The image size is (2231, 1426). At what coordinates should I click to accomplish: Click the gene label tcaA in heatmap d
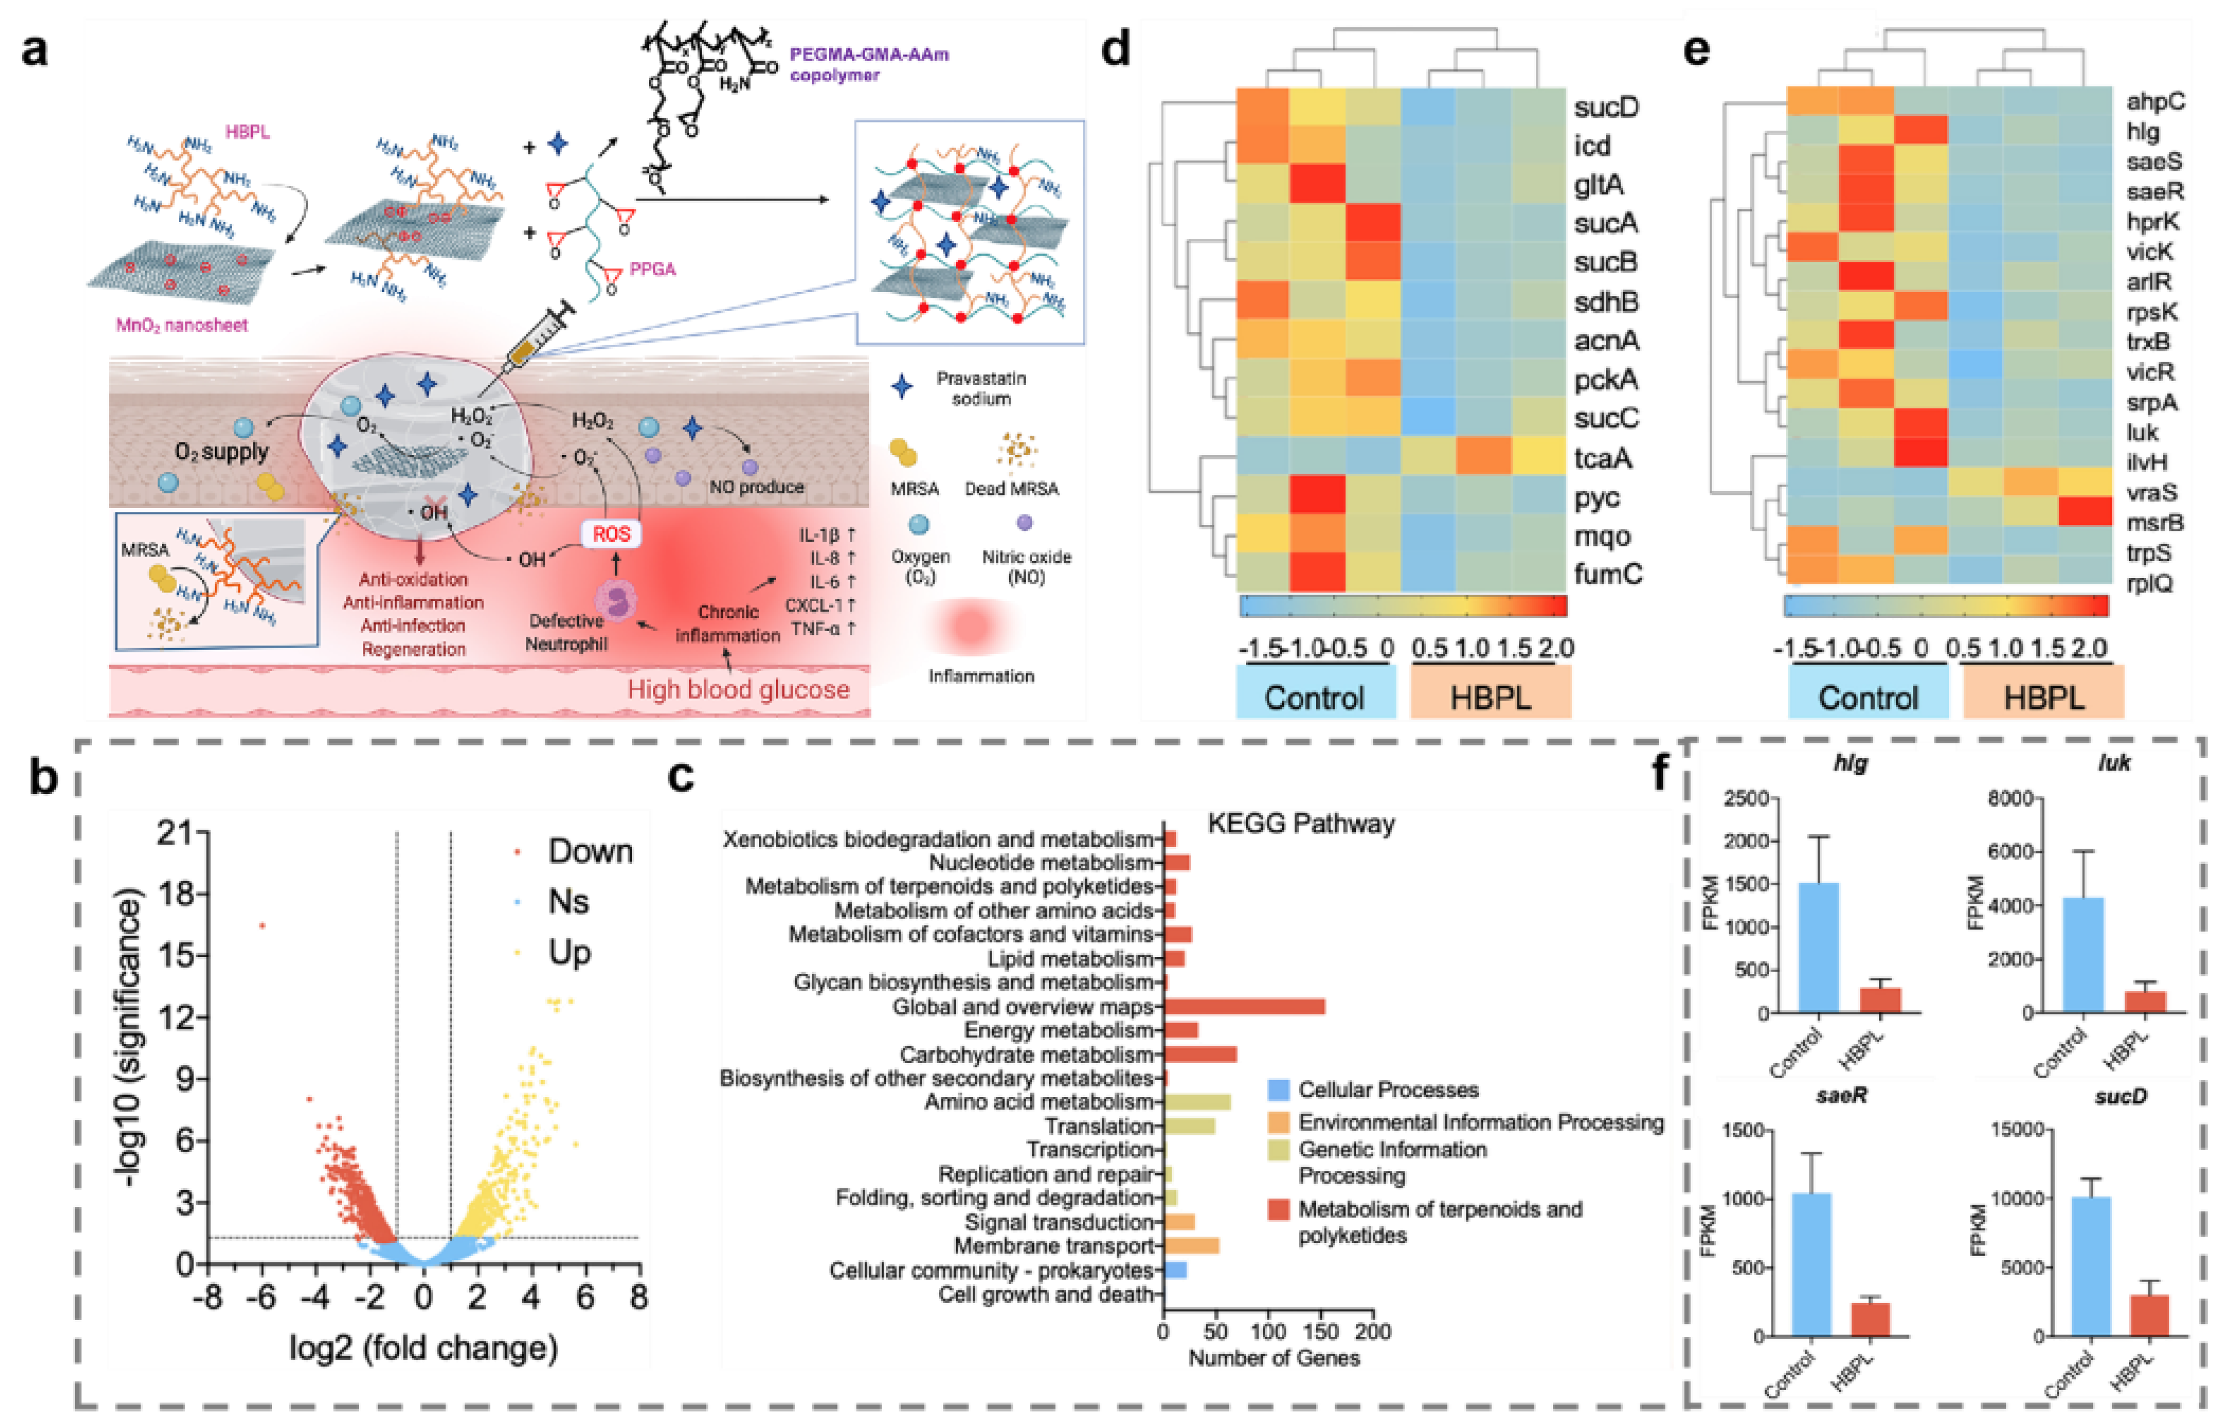coord(1603,458)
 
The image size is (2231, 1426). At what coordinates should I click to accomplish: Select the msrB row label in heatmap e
coord(2154,523)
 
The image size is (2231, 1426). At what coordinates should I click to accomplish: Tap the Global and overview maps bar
coord(1243,1006)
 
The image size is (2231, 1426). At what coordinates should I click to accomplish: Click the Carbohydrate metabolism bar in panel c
coord(1200,1054)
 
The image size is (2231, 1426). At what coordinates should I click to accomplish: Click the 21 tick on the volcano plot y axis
coord(176,833)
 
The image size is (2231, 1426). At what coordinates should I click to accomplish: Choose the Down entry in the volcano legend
coord(589,850)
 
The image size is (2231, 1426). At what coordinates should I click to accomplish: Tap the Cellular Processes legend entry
coord(1387,1090)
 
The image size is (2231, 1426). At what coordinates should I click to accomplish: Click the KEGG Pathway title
coord(1301,824)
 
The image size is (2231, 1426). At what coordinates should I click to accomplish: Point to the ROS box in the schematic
coord(612,534)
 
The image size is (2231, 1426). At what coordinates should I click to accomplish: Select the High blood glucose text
coord(739,689)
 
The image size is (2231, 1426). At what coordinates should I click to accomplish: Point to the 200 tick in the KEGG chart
coord(1373,1332)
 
